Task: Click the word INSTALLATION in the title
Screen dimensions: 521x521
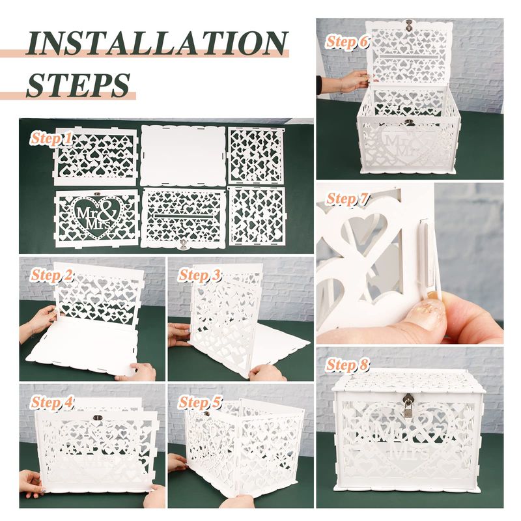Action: tap(156, 44)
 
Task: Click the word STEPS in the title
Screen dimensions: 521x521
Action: tap(78, 85)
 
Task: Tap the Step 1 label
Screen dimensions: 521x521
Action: tap(51, 138)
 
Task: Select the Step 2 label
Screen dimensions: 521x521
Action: tap(52, 275)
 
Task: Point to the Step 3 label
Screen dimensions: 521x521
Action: tap(199, 275)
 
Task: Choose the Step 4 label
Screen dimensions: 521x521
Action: tap(52, 402)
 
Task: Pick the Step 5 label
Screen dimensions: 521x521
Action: tap(199, 402)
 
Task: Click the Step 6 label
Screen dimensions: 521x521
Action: tap(347, 42)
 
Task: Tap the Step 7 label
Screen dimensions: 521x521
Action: tap(347, 199)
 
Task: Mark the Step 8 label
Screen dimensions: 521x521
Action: tap(347, 365)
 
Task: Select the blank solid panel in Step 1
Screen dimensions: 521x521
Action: tap(183, 156)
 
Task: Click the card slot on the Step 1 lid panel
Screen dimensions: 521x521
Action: tap(183, 216)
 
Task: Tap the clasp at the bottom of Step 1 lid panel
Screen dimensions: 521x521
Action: tap(182, 246)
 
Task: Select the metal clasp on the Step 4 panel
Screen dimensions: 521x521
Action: tap(97, 417)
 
